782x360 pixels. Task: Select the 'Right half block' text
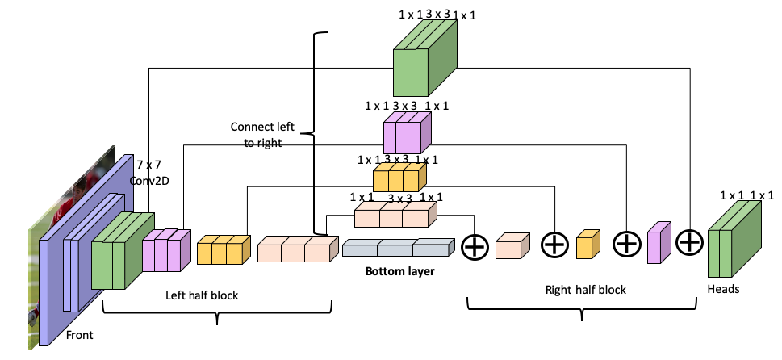pyautogui.click(x=585, y=289)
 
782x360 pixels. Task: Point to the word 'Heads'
pyautogui.click(x=723, y=288)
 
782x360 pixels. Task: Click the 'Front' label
pyautogui.click(x=79, y=334)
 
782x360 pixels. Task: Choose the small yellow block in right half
pyautogui.click(x=588, y=245)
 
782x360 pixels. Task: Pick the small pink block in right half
pyautogui.click(x=659, y=243)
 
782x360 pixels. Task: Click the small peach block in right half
pyautogui.click(x=512, y=246)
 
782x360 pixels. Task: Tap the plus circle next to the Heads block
pyautogui.click(x=688, y=242)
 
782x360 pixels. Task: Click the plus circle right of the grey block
pyautogui.click(x=475, y=247)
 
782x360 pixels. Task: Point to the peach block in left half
pyautogui.click(x=295, y=249)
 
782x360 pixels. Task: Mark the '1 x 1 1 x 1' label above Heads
pyautogui.click(x=746, y=195)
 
